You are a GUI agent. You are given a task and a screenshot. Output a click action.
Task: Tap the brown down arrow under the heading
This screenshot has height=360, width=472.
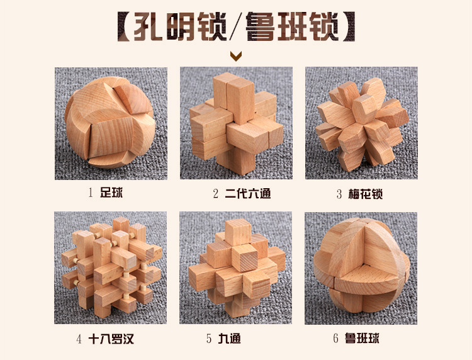(236, 57)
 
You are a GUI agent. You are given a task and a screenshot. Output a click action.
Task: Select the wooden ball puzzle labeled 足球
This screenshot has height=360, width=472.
(110, 123)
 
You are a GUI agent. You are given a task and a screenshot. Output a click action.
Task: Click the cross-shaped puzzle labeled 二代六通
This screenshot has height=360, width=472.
(235, 123)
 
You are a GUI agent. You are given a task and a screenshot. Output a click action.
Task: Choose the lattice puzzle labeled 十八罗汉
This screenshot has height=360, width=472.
(110, 267)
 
